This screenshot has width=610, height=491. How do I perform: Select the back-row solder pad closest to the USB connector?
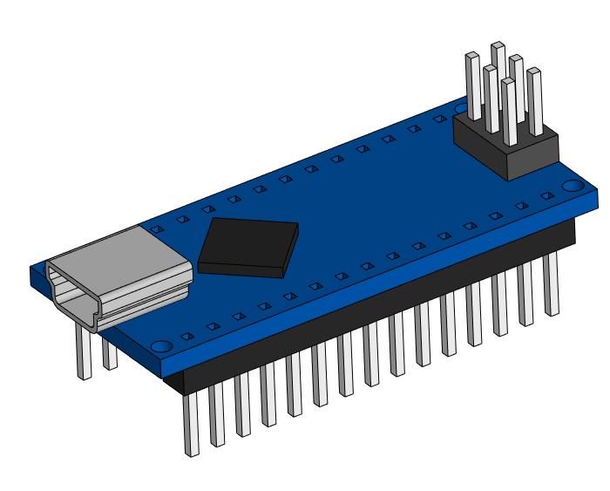(x=157, y=228)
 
